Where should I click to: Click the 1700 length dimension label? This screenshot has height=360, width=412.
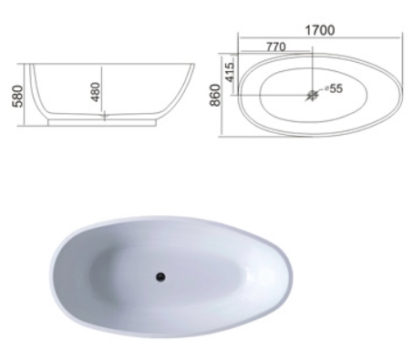coord(320,30)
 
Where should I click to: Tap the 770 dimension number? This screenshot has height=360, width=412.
coord(276,46)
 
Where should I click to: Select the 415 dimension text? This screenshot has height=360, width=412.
coord(231,72)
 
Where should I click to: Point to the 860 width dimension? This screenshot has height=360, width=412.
coord(215,95)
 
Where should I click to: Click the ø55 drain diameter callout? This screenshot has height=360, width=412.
coord(334,88)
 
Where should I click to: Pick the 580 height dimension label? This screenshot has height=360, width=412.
coord(17,97)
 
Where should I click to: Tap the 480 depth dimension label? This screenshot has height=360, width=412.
coord(96,92)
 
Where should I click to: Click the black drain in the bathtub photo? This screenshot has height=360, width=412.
coord(160,277)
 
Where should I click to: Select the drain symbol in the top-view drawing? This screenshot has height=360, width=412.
coord(312,95)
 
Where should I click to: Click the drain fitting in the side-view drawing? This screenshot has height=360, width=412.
coord(105,116)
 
